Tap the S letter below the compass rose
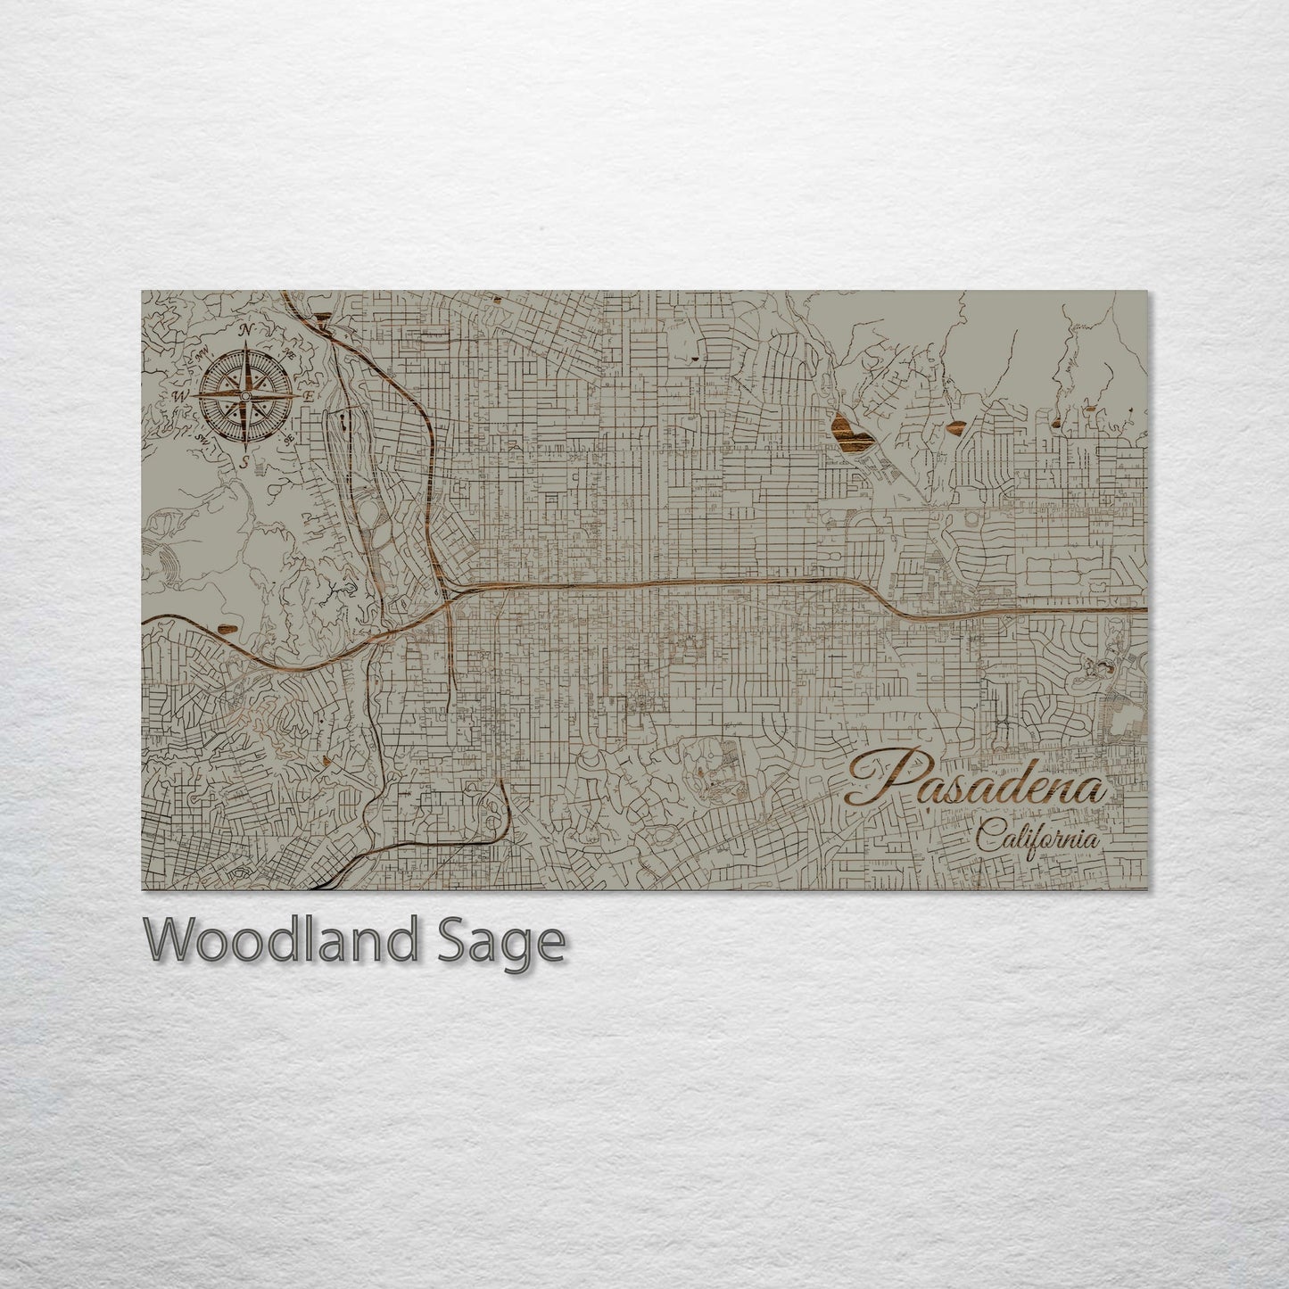tap(245, 462)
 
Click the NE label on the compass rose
tap(287, 354)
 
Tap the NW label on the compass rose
tap(203, 354)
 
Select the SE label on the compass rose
tap(287, 438)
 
